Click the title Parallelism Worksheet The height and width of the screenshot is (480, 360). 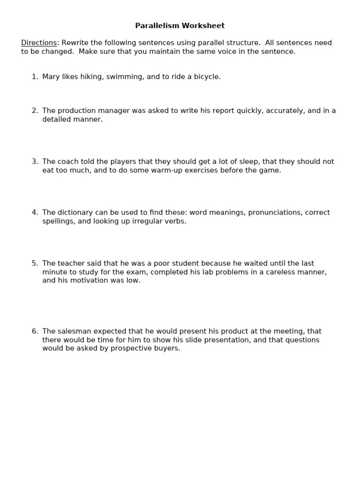coord(180,26)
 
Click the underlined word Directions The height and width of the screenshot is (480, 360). coord(39,43)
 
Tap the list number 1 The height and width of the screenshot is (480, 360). coord(34,76)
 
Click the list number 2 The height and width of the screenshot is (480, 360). coord(34,111)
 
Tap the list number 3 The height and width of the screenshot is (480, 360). coord(34,162)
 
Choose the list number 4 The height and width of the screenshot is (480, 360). coord(34,212)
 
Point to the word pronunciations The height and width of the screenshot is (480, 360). coord(275,212)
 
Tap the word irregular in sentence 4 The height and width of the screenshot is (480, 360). coord(143,221)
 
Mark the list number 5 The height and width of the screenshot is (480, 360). coord(34,263)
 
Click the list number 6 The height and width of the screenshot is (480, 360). coord(34,331)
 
